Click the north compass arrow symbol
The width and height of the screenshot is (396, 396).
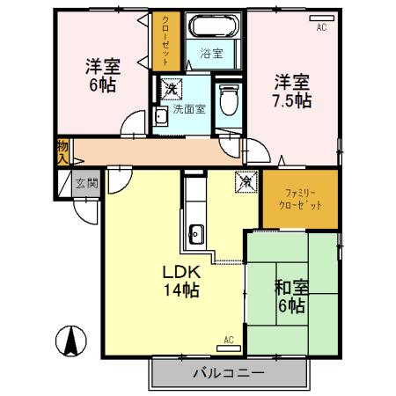click(70, 340)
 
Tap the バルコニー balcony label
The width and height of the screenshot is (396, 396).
click(228, 374)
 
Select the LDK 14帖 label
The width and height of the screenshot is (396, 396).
click(180, 282)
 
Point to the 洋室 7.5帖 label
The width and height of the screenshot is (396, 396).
click(290, 92)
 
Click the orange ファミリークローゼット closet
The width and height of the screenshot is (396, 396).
click(298, 197)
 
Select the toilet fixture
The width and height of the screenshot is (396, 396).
click(229, 99)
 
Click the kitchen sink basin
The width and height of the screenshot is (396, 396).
click(195, 233)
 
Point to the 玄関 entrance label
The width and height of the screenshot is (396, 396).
click(86, 184)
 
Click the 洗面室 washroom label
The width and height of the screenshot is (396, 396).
click(188, 110)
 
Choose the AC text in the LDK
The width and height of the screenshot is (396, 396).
click(229, 339)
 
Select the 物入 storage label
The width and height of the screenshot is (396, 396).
click(62, 151)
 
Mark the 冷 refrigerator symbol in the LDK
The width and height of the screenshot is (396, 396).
click(246, 183)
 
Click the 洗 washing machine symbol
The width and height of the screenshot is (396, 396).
click(168, 88)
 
